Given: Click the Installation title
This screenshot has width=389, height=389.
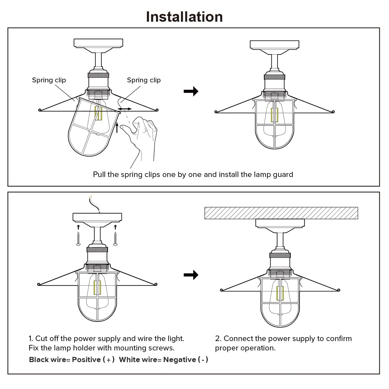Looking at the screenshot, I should [x=184, y=17].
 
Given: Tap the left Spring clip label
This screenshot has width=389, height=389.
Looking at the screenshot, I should [x=49, y=80].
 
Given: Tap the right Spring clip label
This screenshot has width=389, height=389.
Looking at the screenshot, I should [x=144, y=80].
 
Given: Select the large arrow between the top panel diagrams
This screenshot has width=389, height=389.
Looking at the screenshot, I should [x=191, y=91].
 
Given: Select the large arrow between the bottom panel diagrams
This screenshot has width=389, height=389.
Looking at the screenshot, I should [x=191, y=275].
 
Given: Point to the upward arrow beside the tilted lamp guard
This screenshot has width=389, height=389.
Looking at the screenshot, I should [x=117, y=128].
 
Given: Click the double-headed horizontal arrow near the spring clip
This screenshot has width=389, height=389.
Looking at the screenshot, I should [x=124, y=109].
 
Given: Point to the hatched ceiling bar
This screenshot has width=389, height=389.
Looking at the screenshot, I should [x=281, y=213].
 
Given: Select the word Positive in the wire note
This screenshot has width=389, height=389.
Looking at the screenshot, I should [x=86, y=360].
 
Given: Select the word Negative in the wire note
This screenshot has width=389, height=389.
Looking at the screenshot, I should [x=180, y=360].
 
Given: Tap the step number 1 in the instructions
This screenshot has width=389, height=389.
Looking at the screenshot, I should [x=30, y=339].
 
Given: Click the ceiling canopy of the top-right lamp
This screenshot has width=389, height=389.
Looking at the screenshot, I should [x=274, y=45].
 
